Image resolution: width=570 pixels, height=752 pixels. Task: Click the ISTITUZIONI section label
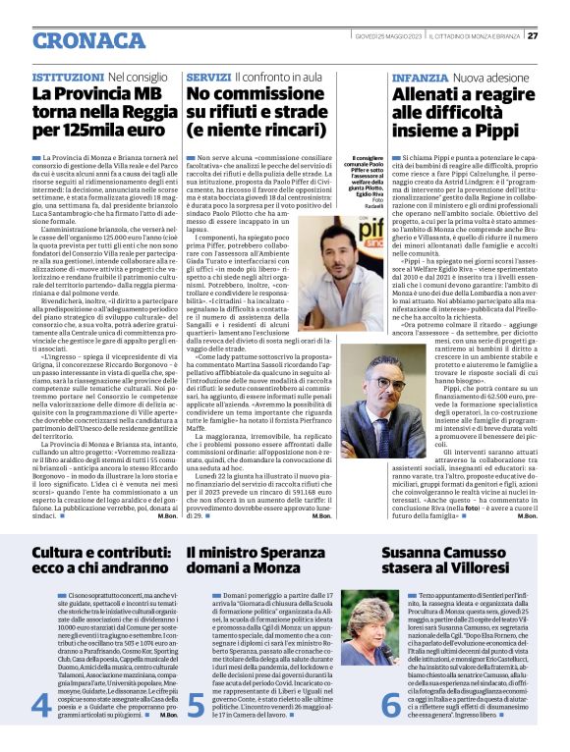coord(67,76)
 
